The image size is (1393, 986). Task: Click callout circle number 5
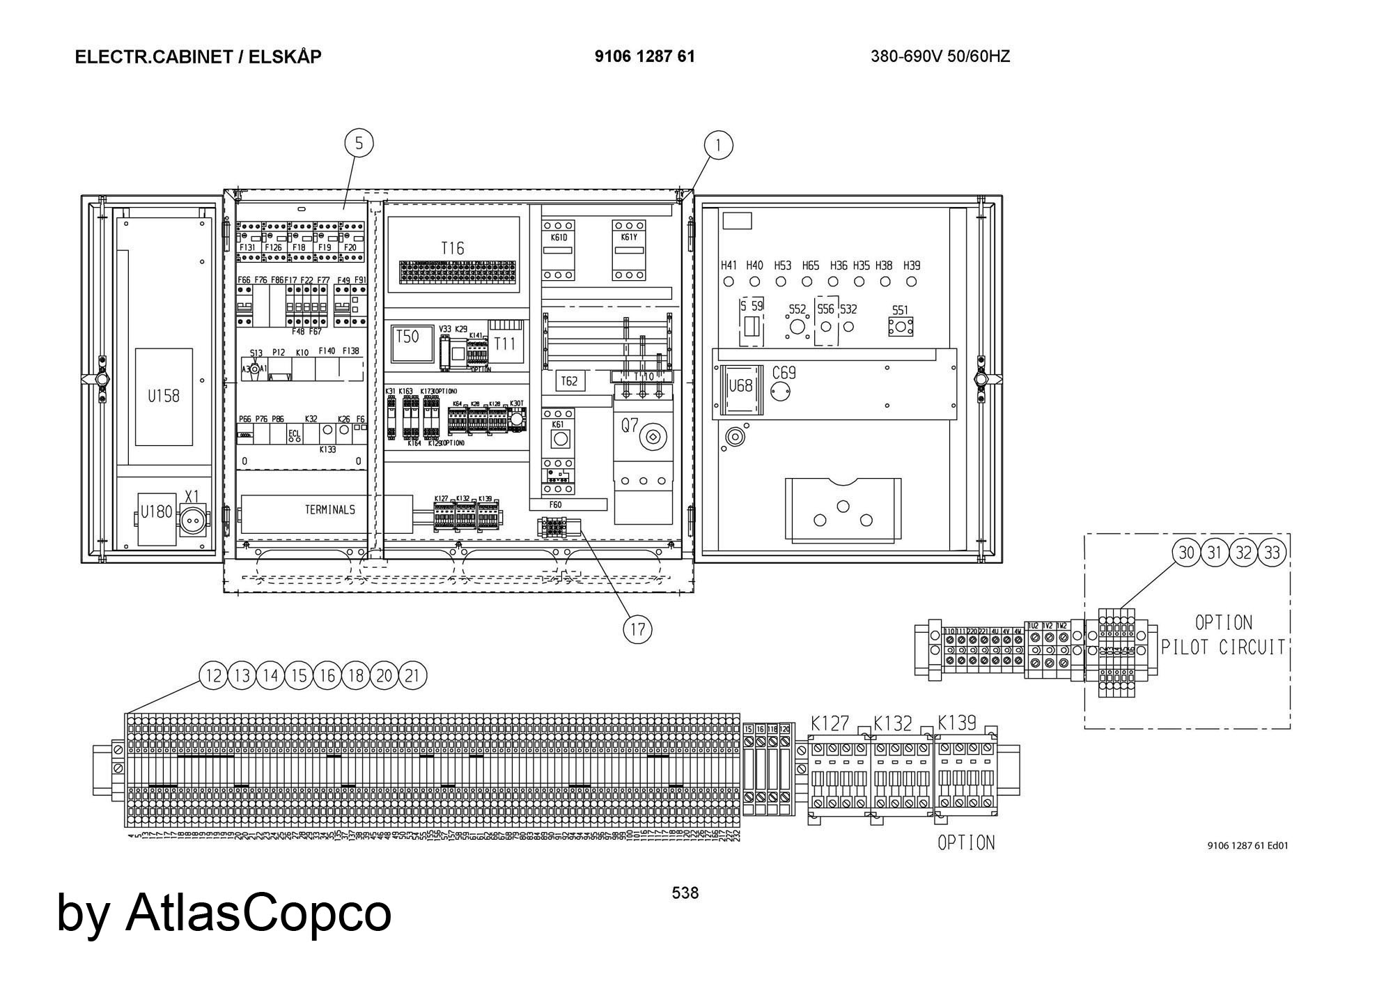click(359, 144)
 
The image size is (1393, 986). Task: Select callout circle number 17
click(637, 630)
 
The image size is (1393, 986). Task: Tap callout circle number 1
click(718, 146)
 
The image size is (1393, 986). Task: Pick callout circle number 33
click(1273, 553)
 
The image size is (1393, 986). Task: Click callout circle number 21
click(412, 675)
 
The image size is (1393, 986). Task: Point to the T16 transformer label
click(452, 248)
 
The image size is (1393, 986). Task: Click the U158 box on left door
click(164, 396)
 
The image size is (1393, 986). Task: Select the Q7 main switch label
click(630, 426)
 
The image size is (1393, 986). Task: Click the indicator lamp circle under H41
click(729, 282)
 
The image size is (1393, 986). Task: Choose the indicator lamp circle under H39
click(911, 282)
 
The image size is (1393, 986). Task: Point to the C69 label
click(784, 372)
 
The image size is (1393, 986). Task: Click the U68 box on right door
click(740, 385)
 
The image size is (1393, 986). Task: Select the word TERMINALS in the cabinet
click(329, 510)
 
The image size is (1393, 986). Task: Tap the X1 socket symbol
click(192, 520)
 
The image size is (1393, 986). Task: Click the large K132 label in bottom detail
click(892, 723)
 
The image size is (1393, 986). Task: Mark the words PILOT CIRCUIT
click(1222, 647)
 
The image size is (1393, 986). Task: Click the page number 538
click(685, 893)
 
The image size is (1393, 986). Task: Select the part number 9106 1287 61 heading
click(644, 56)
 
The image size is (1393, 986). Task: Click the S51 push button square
click(901, 327)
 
